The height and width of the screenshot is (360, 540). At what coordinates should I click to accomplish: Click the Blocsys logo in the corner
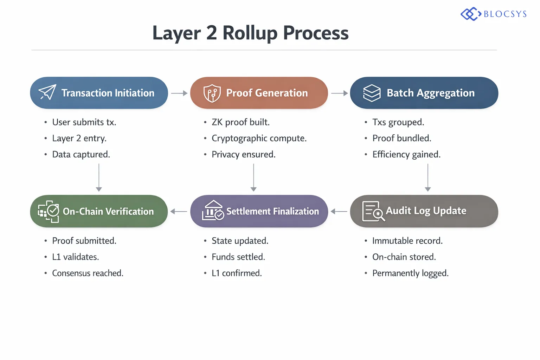[494, 14]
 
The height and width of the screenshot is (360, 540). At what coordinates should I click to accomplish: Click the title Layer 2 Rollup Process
[250, 33]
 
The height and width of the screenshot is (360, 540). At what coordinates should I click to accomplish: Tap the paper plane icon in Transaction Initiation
[47, 92]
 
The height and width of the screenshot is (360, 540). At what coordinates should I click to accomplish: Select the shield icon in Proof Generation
[212, 93]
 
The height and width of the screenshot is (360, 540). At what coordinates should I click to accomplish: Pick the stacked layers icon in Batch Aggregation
[372, 93]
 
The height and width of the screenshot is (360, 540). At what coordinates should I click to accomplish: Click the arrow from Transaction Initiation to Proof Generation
[179, 93]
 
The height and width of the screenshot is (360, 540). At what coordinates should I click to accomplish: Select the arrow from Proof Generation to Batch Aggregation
[339, 93]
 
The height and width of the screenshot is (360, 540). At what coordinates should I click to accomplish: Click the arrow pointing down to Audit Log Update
[428, 178]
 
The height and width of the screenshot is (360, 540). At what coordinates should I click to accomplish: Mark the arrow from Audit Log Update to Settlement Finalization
[339, 211]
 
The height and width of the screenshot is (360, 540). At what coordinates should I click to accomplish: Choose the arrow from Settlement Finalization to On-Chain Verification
[179, 211]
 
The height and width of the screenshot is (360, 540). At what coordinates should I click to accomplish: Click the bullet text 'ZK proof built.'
[240, 122]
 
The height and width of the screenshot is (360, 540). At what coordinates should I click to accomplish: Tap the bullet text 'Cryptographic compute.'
[259, 139]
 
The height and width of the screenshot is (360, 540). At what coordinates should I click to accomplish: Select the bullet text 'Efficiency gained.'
[406, 155]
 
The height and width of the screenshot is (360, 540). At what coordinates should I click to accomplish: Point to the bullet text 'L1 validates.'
[75, 257]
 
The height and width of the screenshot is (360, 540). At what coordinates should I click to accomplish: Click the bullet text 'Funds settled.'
[238, 257]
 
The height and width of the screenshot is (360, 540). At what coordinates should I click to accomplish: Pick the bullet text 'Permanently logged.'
[410, 273]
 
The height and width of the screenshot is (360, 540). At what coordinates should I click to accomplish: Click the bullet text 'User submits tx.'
[84, 122]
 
